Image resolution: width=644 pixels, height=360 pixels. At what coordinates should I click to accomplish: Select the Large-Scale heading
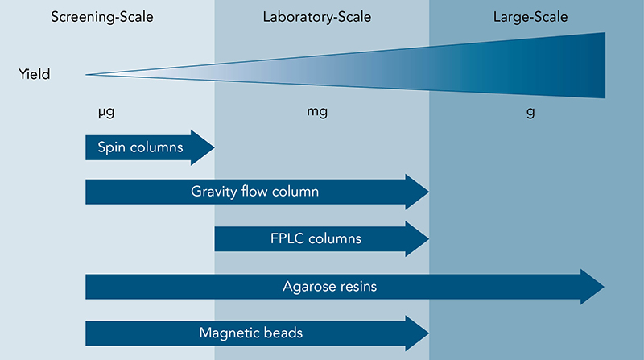pyautogui.click(x=530, y=16)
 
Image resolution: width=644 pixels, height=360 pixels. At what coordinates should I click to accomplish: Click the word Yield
pyautogui.click(x=34, y=75)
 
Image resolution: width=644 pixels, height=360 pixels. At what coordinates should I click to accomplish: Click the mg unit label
pyautogui.click(x=317, y=113)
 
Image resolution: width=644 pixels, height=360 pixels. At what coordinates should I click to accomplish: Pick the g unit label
pyautogui.click(x=530, y=113)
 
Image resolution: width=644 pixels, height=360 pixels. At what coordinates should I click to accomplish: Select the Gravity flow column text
pyautogui.click(x=255, y=192)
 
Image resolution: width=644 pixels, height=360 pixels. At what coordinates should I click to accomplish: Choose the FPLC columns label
pyautogui.click(x=316, y=238)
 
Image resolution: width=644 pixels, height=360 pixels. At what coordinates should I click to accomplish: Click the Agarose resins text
pyautogui.click(x=329, y=286)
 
